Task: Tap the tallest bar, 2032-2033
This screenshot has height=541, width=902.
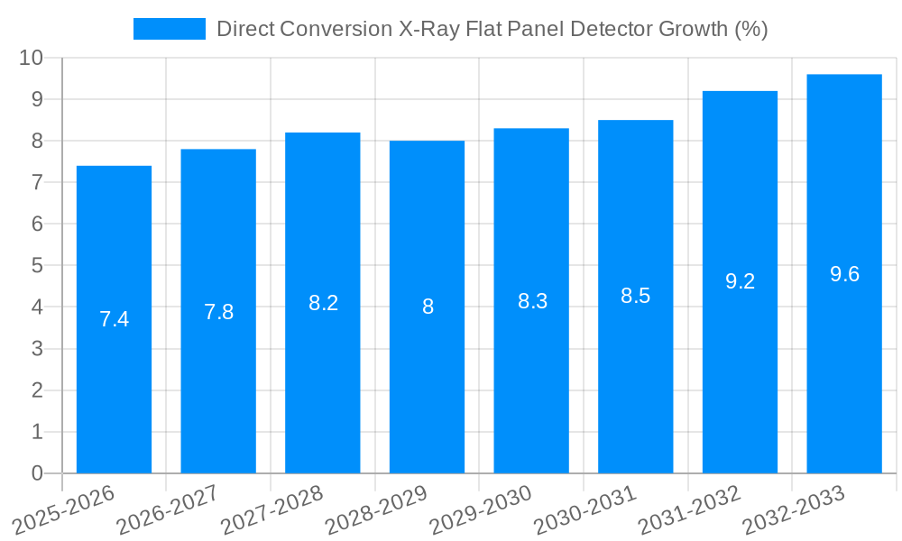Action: click(844, 361)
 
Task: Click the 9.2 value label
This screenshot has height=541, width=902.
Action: click(740, 281)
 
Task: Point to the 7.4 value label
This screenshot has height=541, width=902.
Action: click(114, 319)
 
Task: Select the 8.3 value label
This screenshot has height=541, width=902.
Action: click(532, 301)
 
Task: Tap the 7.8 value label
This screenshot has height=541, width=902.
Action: click(218, 312)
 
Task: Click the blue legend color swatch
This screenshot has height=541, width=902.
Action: click(169, 29)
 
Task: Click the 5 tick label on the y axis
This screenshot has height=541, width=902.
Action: click(37, 265)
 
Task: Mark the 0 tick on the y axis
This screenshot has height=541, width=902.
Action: click(37, 473)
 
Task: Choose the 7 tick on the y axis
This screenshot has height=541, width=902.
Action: click(37, 182)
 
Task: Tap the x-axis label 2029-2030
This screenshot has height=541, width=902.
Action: click(479, 510)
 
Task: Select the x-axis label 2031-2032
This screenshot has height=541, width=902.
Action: click(688, 510)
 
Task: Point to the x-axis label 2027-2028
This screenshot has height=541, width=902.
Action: click(270, 510)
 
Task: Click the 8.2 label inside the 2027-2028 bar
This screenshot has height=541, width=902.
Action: click(323, 303)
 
